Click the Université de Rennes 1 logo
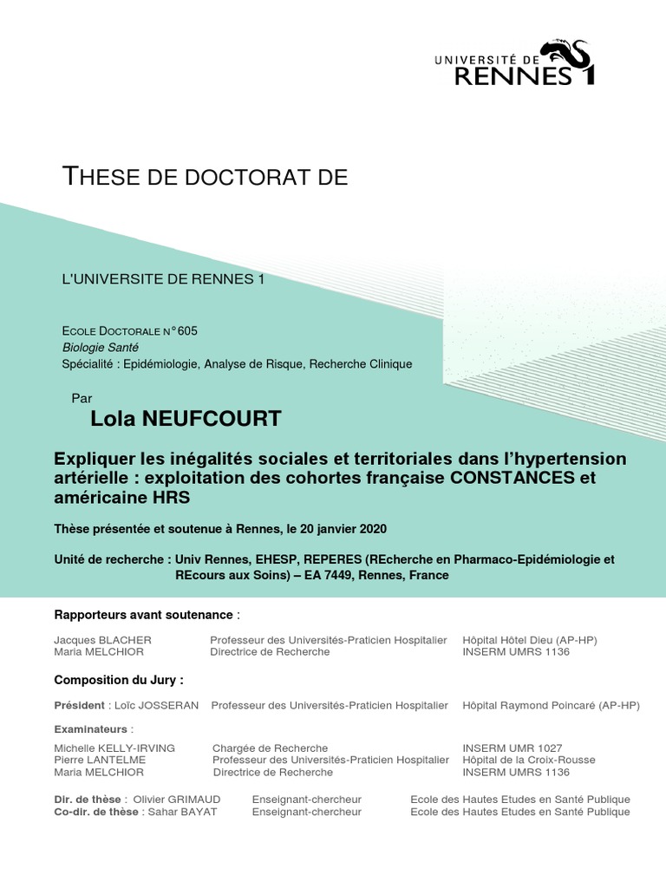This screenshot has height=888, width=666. coord(514,64)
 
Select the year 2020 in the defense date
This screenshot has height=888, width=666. coord(370,529)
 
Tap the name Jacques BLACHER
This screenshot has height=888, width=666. coord(102,640)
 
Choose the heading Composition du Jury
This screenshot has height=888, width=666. coord(119,679)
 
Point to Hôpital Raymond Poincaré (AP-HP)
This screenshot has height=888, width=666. coord(551,706)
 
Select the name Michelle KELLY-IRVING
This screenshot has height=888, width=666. coord(114,748)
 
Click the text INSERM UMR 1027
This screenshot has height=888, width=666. coord(513,748)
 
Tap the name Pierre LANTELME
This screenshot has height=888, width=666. coord(100,760)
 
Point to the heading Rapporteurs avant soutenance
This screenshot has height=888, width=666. coord(144,615)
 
